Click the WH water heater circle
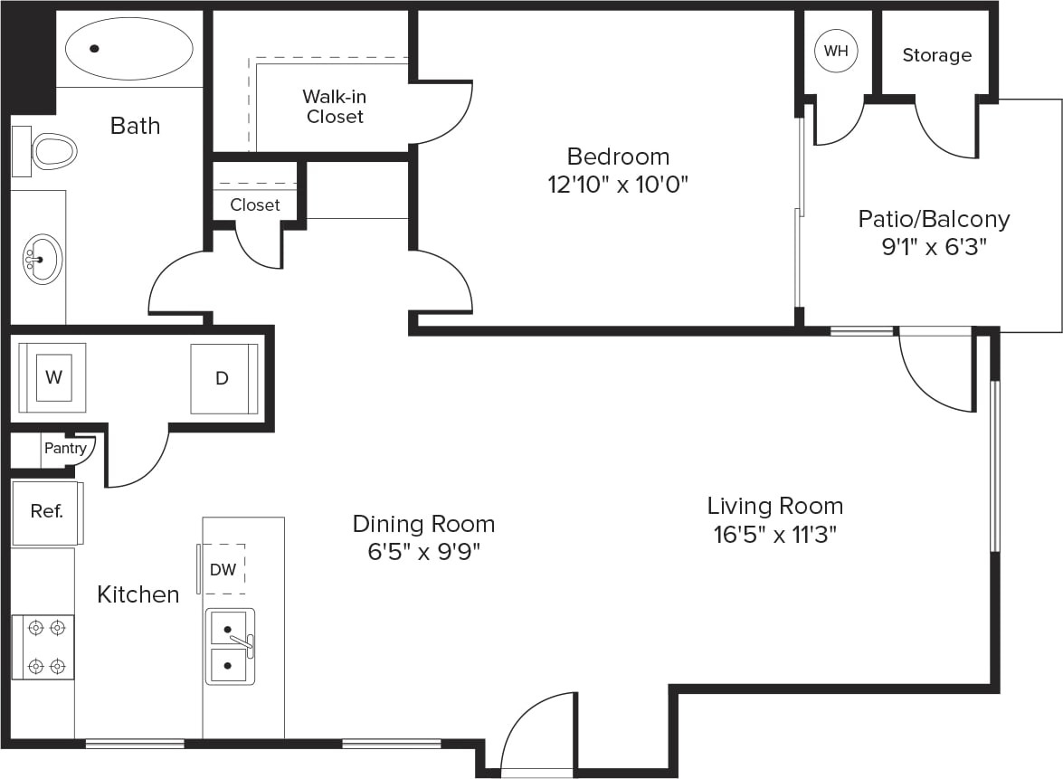click(x=835, y=51)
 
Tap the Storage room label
click(x=936, y=55)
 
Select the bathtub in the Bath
click(x=129, y=49)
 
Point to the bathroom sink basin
click(x=42, y=260)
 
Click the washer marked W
click(x=52, y=376)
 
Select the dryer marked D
click(x=223, y=378)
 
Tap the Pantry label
click(x=65, y=448)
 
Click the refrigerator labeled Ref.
click(x=47, y=512)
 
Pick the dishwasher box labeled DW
click(x=223, y=569)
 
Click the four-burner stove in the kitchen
click(x=43, y=647)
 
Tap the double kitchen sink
click(x=230, y=646)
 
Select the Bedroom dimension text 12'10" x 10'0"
click(x=619, y=185)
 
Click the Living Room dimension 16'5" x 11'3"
click(x=774, y=535)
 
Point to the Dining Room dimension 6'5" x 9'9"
click(x=423, y=552)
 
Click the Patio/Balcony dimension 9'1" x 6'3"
click(x=934, y=247)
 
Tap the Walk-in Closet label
click(x=335, y=106)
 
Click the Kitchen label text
click(x=138, y=594)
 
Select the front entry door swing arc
click(x=534, y=728)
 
